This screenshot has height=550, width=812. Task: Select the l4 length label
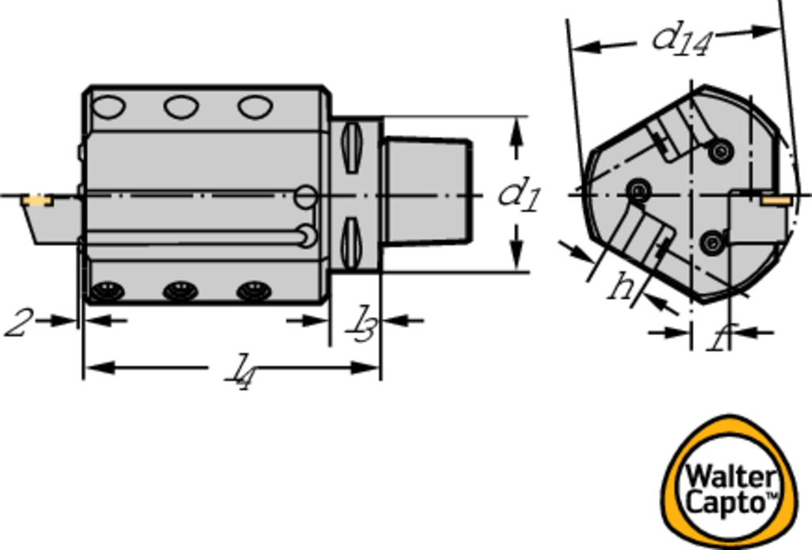click(x=239, y=370)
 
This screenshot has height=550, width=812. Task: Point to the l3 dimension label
click(x=362, y=324)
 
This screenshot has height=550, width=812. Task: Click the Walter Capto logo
click(x=730, y=483)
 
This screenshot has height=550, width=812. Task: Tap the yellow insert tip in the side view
click(x=36, y=201)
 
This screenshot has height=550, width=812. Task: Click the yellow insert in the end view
click(x=776, y=199)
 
